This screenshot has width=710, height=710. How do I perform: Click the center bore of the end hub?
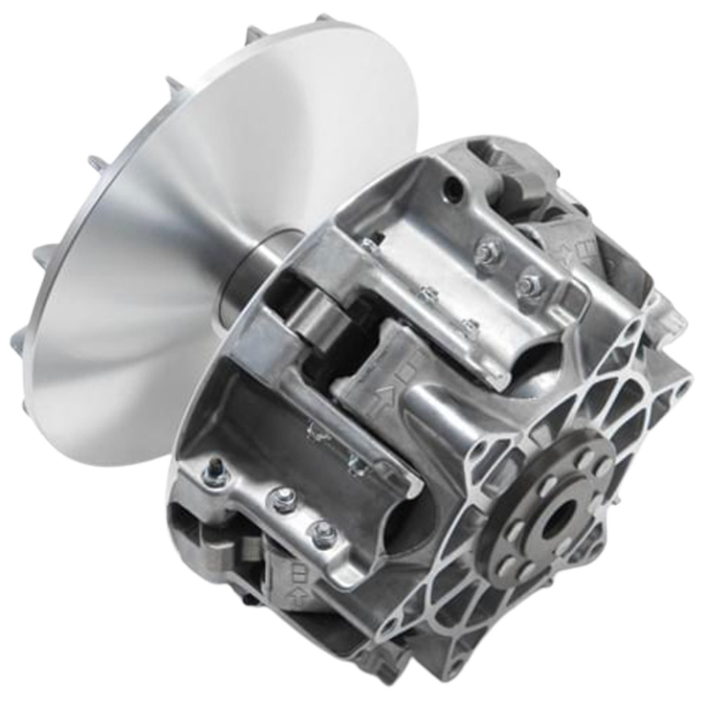pyautogui.click(x=558, y=520)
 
